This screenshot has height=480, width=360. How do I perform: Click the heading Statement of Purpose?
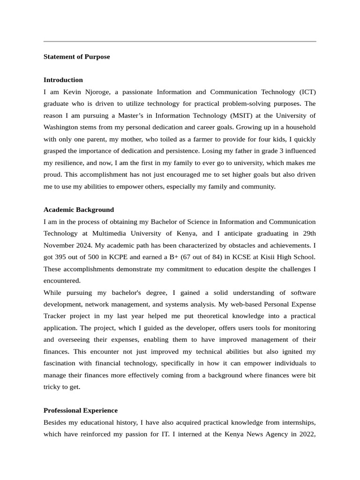[x=76, y=57]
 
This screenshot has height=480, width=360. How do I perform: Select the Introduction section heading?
[x=63, y=80]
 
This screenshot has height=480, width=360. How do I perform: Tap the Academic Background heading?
[x=78, y=210]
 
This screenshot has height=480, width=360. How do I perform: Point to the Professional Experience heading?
[x=80, y=410]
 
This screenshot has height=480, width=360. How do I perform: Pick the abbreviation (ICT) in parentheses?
[x=306, y=92]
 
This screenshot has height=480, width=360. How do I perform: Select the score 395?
[x=61, y=257]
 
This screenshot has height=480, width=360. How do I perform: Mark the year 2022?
[x=305, y=434]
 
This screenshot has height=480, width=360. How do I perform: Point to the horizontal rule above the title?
[x=180, y=41]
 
